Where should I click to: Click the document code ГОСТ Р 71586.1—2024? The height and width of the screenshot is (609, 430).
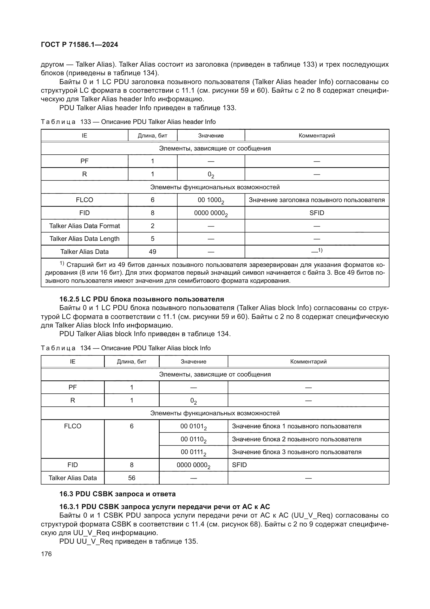(80, 45)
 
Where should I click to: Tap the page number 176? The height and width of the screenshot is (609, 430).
(46, 554)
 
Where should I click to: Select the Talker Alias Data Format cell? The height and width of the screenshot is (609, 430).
(84, 226)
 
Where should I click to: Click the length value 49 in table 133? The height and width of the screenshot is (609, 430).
(153, 252)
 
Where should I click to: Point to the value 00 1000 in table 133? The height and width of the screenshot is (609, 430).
(211, 200)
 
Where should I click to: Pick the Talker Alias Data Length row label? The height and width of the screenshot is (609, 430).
(84, 238)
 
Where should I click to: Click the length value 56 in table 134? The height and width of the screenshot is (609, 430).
(132, 478)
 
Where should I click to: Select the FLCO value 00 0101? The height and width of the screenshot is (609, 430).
(193, 426)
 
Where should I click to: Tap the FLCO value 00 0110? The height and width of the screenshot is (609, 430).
(193, 439)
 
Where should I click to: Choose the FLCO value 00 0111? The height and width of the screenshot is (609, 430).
(193, 452)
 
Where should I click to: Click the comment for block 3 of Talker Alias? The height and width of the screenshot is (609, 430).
(297, 452)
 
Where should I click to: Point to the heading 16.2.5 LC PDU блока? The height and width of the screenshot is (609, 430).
(142, 299)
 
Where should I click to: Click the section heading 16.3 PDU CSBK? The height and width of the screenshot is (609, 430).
(117, 494)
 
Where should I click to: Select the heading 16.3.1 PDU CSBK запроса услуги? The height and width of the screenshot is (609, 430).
(164, 507)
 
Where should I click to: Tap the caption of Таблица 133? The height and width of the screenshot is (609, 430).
(128, 122)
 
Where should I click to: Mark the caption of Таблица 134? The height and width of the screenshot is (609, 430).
(126, 348)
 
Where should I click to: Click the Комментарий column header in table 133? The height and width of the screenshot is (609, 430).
(317, 136)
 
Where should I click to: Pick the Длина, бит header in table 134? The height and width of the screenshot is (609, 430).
(132, 362)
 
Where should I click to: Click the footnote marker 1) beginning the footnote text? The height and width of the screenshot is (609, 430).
(62, 263)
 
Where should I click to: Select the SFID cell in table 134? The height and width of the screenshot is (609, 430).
(239, 465)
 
